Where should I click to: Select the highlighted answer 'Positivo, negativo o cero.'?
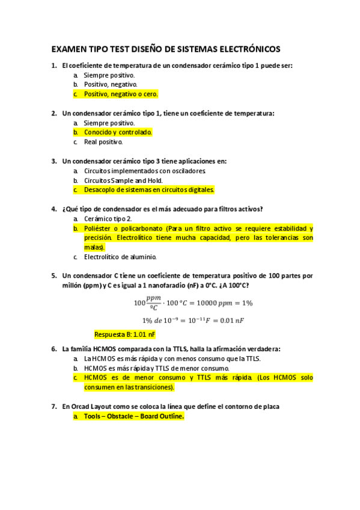click(120, 94)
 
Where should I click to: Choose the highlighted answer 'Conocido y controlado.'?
click(118, 132)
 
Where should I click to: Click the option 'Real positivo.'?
click(103, 143)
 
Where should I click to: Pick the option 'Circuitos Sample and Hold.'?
click(123, 180)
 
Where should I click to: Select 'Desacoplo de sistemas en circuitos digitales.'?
click(149, 190)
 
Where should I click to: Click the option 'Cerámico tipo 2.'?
click(108, 219)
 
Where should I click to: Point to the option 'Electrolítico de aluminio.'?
click(120, 257)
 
